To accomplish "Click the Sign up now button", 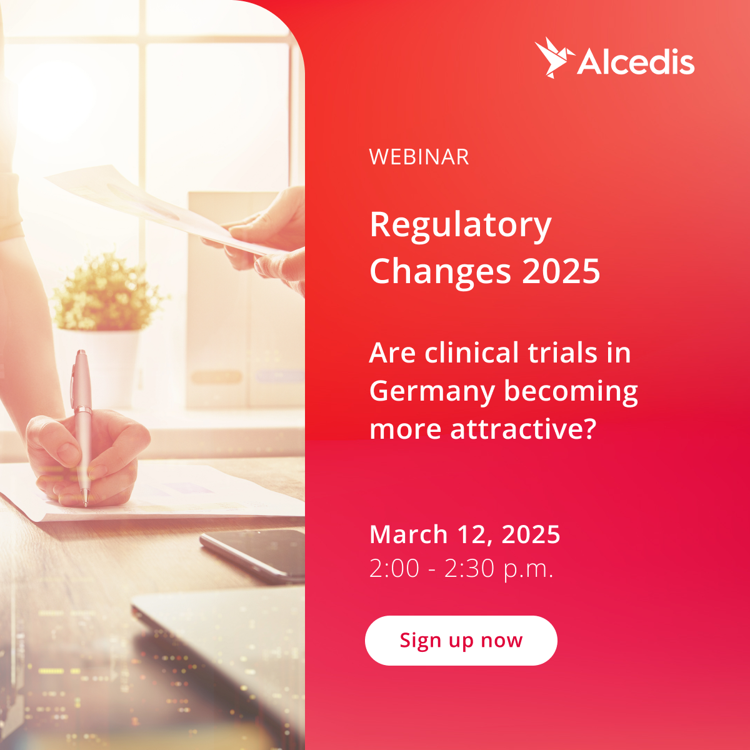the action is pos(461,640).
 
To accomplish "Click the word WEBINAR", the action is pos(419,157).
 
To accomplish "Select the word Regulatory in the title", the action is pos(461,226).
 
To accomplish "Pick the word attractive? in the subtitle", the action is pos(523,429).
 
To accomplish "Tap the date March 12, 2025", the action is pos(465,534).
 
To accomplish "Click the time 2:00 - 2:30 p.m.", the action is pos(461,569).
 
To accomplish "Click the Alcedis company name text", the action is pos(636,61).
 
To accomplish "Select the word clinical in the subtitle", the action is pos(472,353).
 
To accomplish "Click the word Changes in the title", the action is pos(440,272).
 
